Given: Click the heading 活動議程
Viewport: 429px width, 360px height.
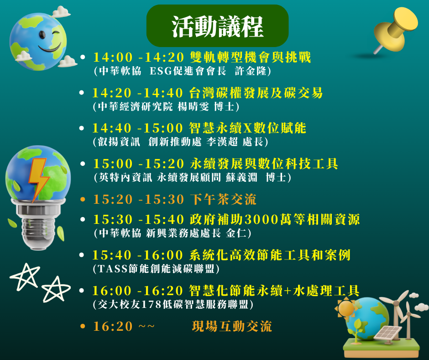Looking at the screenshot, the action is pyautogui.click(x=218, y=26).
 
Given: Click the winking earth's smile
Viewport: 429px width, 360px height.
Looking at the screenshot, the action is pyautogui.click(x=50, y=49).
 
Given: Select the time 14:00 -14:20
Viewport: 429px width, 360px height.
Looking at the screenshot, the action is pyautogui.click(x=138, y=57).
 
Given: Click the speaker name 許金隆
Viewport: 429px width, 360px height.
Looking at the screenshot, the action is pyautogui.click(x=251, y=71).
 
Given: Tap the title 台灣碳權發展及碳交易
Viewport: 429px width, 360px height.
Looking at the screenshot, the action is pyautogui.click(x=256, y=93).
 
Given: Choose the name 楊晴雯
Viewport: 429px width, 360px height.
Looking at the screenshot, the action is pyautogui.click(x=193, y=106).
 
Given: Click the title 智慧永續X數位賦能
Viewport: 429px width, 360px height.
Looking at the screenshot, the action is pyautogui.click(x=248, y=128).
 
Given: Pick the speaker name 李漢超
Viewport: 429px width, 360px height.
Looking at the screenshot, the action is pyautogui.click(x=222, y=142).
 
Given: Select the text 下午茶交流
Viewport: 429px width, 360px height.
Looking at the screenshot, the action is pyautogui.click(x=223, y=199).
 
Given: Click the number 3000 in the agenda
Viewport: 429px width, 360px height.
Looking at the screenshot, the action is pyautogui.click(x=261, y=219).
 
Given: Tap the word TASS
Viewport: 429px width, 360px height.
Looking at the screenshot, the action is pyautogui.click(x=113, y=269).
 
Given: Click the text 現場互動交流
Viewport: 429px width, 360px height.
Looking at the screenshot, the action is pyautogui.click(x=232, y=326).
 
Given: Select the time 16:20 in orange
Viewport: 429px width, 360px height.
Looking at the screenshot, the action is pyautogui.click(x=113, y=326).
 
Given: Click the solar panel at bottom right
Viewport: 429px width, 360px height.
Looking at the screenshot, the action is pyautogui.click(x=387, y=333).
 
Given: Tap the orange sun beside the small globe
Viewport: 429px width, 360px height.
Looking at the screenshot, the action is pyautogui.click(x=346, y=308).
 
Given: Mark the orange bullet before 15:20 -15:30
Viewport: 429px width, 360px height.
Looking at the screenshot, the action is pyautogui.click(x=83, y=199).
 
